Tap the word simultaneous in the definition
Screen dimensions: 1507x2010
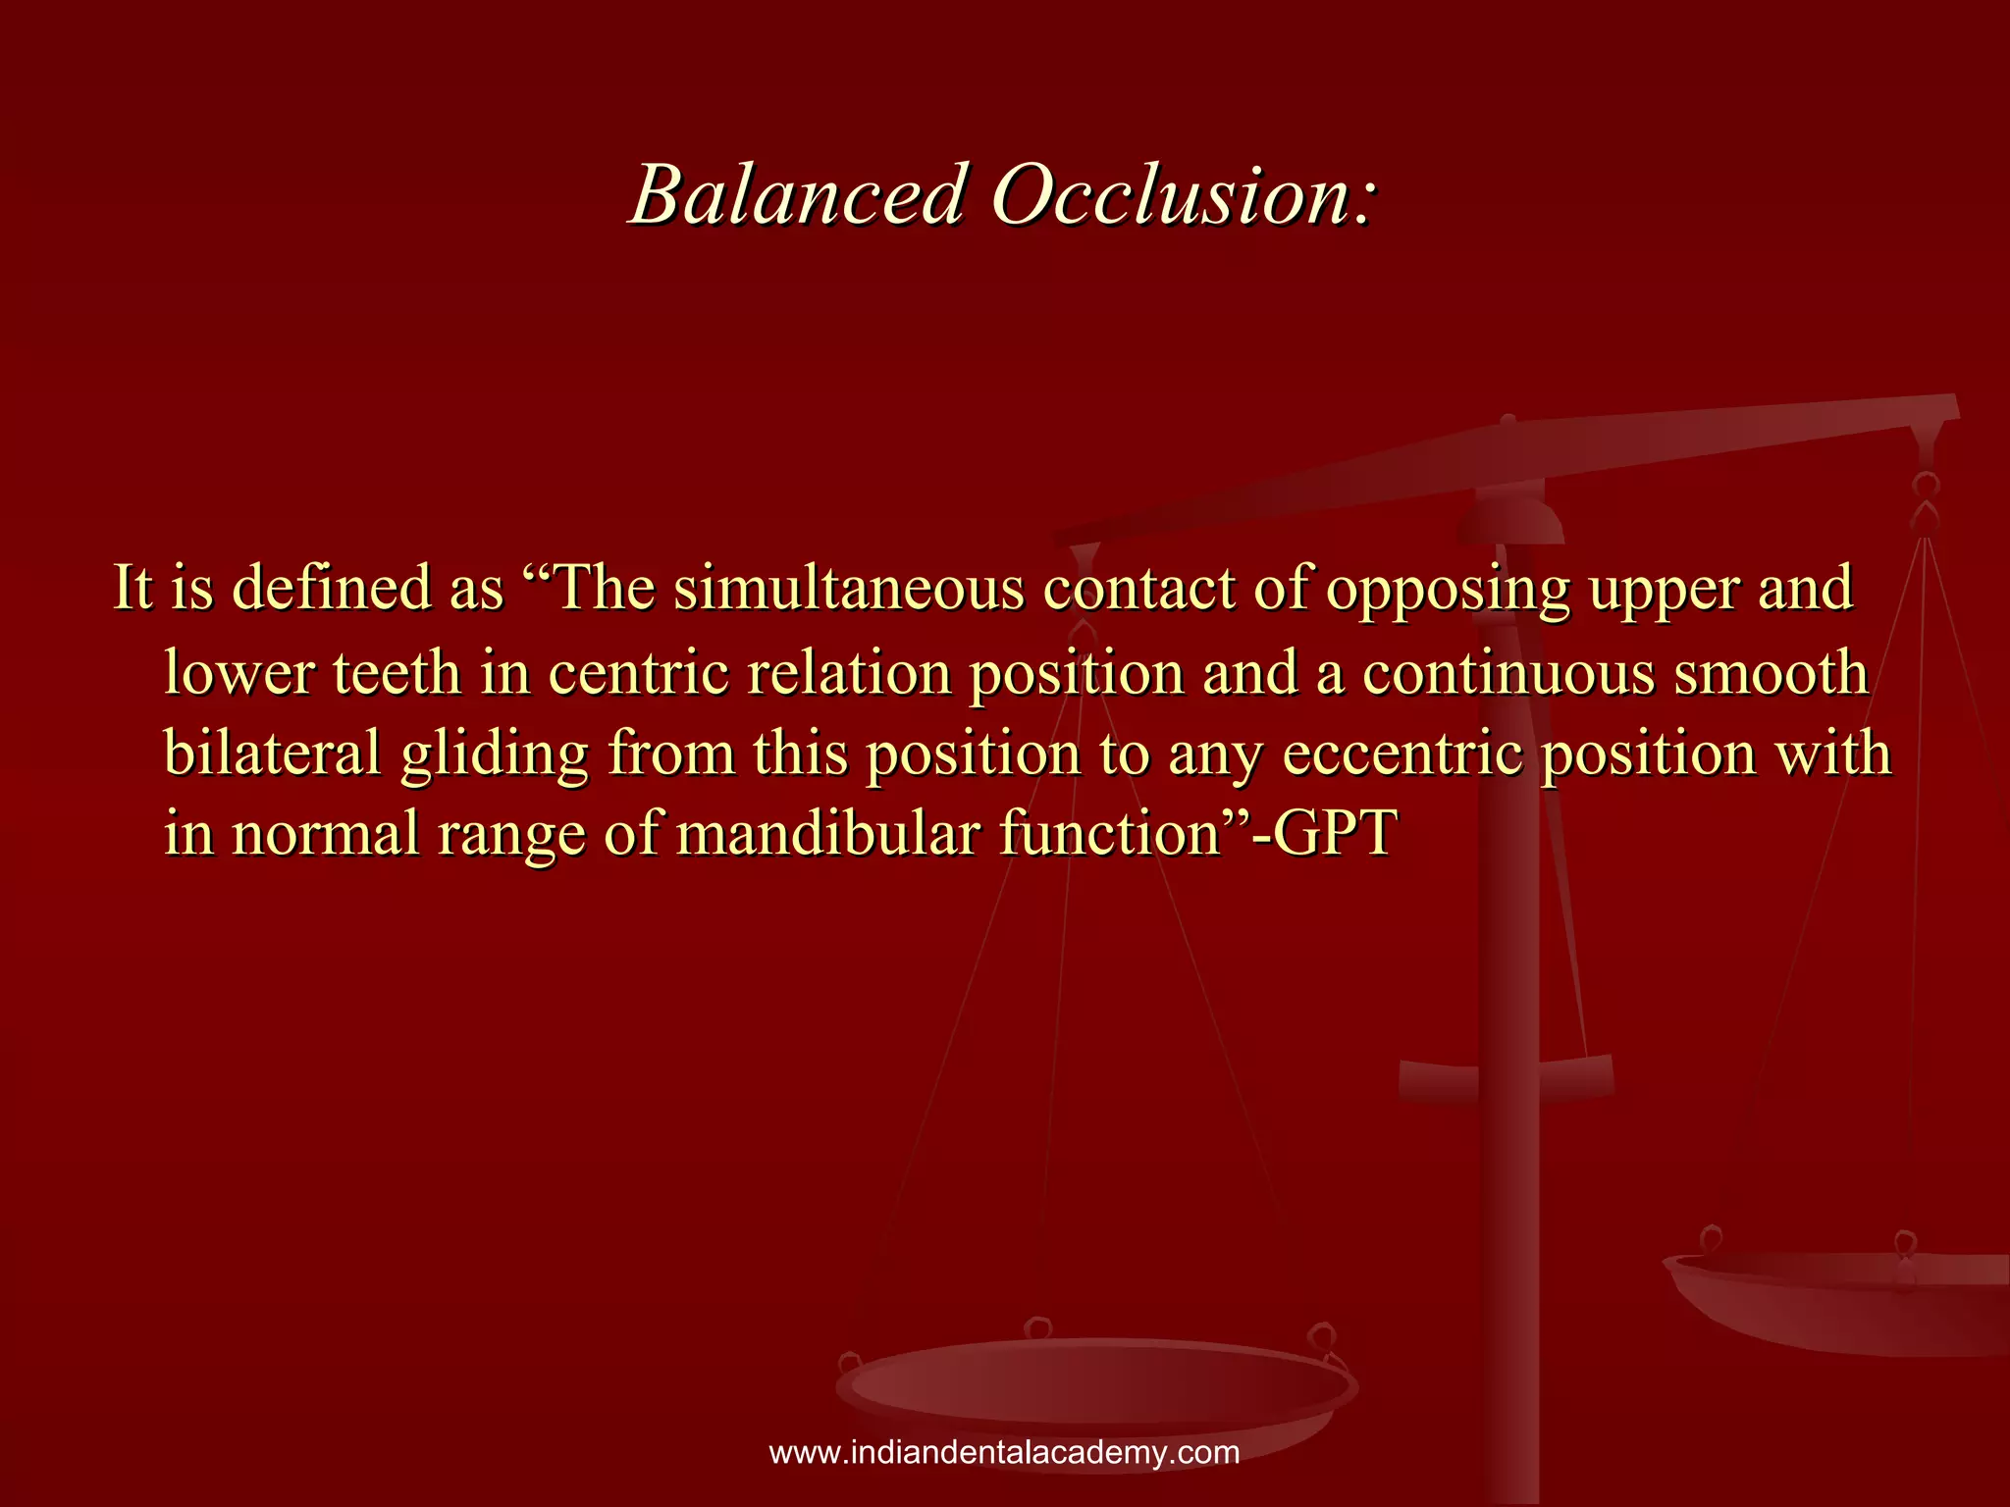pyautogui.click(x=851, y=590)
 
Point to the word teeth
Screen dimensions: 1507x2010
pyautogui.click(x=397, y=674)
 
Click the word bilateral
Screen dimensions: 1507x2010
pyautogui.click(x=272, y=754)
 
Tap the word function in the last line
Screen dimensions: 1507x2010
pyautogui.click(x=1109, y=835)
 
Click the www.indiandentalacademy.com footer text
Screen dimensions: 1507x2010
pyautogui.click(x=1004, y=1452)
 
